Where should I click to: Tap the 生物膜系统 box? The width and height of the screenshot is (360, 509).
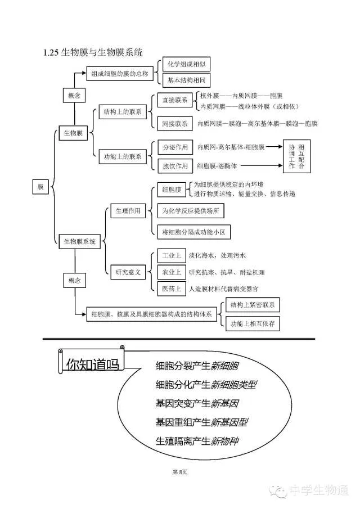click(78, 241)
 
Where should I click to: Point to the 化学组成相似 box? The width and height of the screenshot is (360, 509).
click(182, 65)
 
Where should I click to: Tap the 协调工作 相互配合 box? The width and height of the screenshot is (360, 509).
click(296, 156)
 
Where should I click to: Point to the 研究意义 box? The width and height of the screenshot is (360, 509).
click(129, 272)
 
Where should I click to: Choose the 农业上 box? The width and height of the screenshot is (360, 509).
click(172, 272)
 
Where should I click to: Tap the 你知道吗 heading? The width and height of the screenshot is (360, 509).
click(92, 364)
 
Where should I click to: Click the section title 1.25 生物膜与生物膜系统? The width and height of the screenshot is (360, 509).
click(93, 53)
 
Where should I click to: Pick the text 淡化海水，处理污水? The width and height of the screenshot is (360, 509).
click(217, 255)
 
